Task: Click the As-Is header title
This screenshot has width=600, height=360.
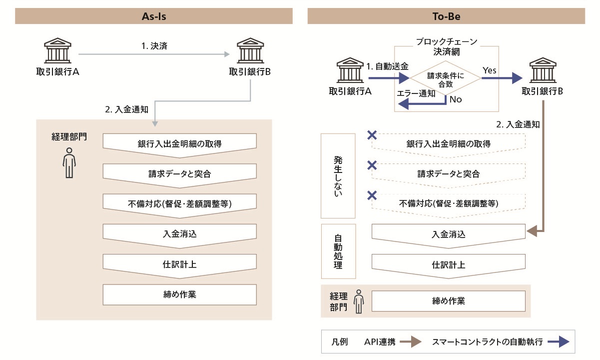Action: pyautogui.click(x=153, y=16)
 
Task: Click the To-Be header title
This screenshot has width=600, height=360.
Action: pyautogui.click(x=446, y=16)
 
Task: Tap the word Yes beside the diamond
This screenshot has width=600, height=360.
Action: pyautogui.click(x=490, y=70)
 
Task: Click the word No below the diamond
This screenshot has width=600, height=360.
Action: pyautogui.click(x=456, y=99)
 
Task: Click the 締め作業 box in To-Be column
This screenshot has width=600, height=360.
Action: pyautogui.click(x=449, y=301)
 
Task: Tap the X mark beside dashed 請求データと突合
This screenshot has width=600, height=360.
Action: pyautogui.click(x=372, y=165)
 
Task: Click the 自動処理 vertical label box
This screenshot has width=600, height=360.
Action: pyautogui.click(x=338, y=251)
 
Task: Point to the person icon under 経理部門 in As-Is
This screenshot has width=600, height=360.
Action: pyautogui.click(x=69, y=163)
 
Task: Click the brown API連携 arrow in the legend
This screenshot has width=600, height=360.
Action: pyautogui.click(x=412, y=342)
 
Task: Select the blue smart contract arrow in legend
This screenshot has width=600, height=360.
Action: pyautogui.click(x=558, y=342)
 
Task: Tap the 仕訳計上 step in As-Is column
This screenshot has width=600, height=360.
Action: pyautogui.click(x=179, y=264)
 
